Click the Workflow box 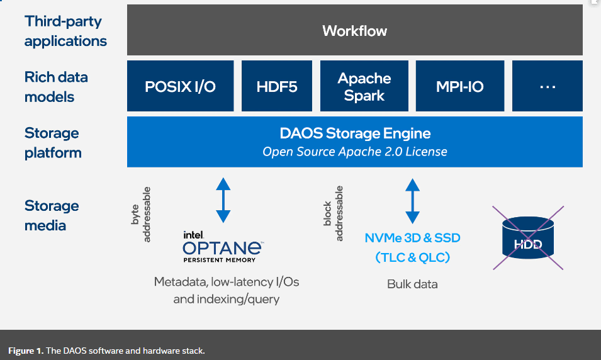tap(354, 30)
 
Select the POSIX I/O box tap(180, 86)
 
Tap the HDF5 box tap(277, 86)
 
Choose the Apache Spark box tap(364, 86)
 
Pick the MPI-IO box tap(459, 86)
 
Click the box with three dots tap(547, 86)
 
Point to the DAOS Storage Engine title tap(355, 133)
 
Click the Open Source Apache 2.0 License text tap(355, 152)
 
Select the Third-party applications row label tap(65, 31)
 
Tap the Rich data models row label tap(56, 87)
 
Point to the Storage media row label tap(52, 215)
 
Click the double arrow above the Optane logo tap(223, 200)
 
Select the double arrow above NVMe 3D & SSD tap(412, 201)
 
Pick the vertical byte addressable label tap(142, 215)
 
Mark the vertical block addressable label tap(334, 213)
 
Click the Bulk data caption tap(412, 284)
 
